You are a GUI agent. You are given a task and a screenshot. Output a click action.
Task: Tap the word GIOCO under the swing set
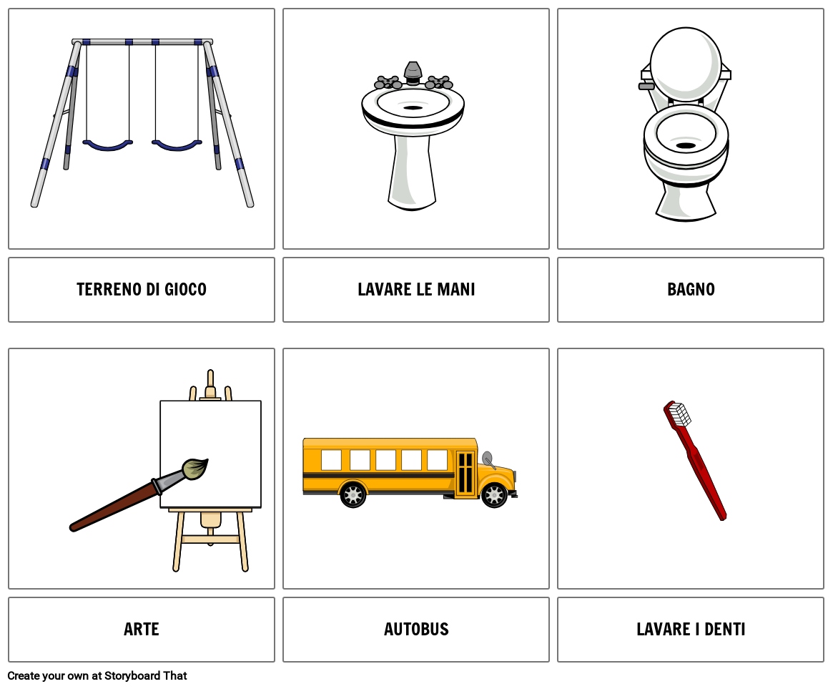(185, 290)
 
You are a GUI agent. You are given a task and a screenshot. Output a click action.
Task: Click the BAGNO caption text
(691, 290)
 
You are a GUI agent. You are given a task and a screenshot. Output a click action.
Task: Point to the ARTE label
(142, 630)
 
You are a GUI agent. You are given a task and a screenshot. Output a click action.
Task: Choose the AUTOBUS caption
(416, 630)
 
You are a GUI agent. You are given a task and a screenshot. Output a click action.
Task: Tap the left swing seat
(107, 146)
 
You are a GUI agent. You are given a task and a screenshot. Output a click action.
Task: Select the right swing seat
(177, 146)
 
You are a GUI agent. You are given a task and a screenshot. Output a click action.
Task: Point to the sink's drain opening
(413, 108)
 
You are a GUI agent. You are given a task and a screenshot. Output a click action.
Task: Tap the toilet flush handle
(646, 87)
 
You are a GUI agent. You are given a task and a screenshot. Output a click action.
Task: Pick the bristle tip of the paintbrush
(194, 469)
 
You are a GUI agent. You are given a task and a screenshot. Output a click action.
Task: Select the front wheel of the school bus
(494, 494)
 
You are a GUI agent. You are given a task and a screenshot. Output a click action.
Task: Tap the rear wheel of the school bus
(353, 494)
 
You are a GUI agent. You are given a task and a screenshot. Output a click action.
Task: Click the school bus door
(465, 472)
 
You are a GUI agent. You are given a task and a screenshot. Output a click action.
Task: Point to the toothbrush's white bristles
(679, 414)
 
